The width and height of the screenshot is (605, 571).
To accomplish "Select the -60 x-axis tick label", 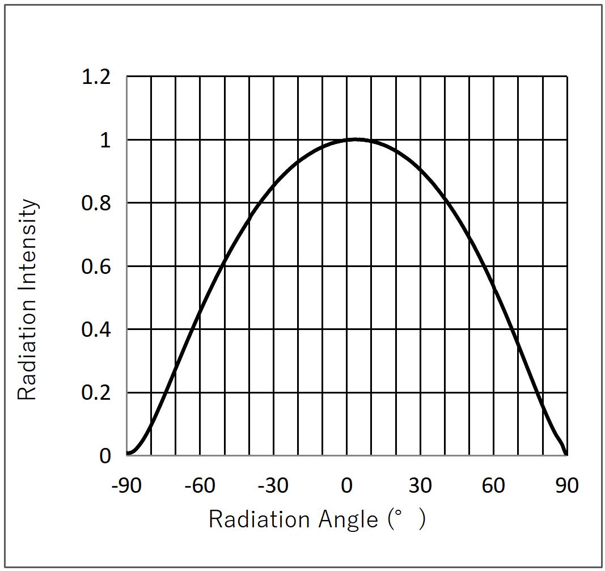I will [x=199, y=485].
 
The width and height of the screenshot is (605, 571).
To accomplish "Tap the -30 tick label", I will [x=273, y=485].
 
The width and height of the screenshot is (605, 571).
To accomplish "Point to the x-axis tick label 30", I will [x=420, y=485].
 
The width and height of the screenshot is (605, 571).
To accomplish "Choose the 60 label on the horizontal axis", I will [x=493, y=485].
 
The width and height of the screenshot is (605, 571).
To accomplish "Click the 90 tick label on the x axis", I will [x=566, y=485].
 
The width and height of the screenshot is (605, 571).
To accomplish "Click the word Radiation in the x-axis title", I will [x=251, y=519].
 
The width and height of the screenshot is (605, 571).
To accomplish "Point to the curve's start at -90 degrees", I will [x=128, y=454].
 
